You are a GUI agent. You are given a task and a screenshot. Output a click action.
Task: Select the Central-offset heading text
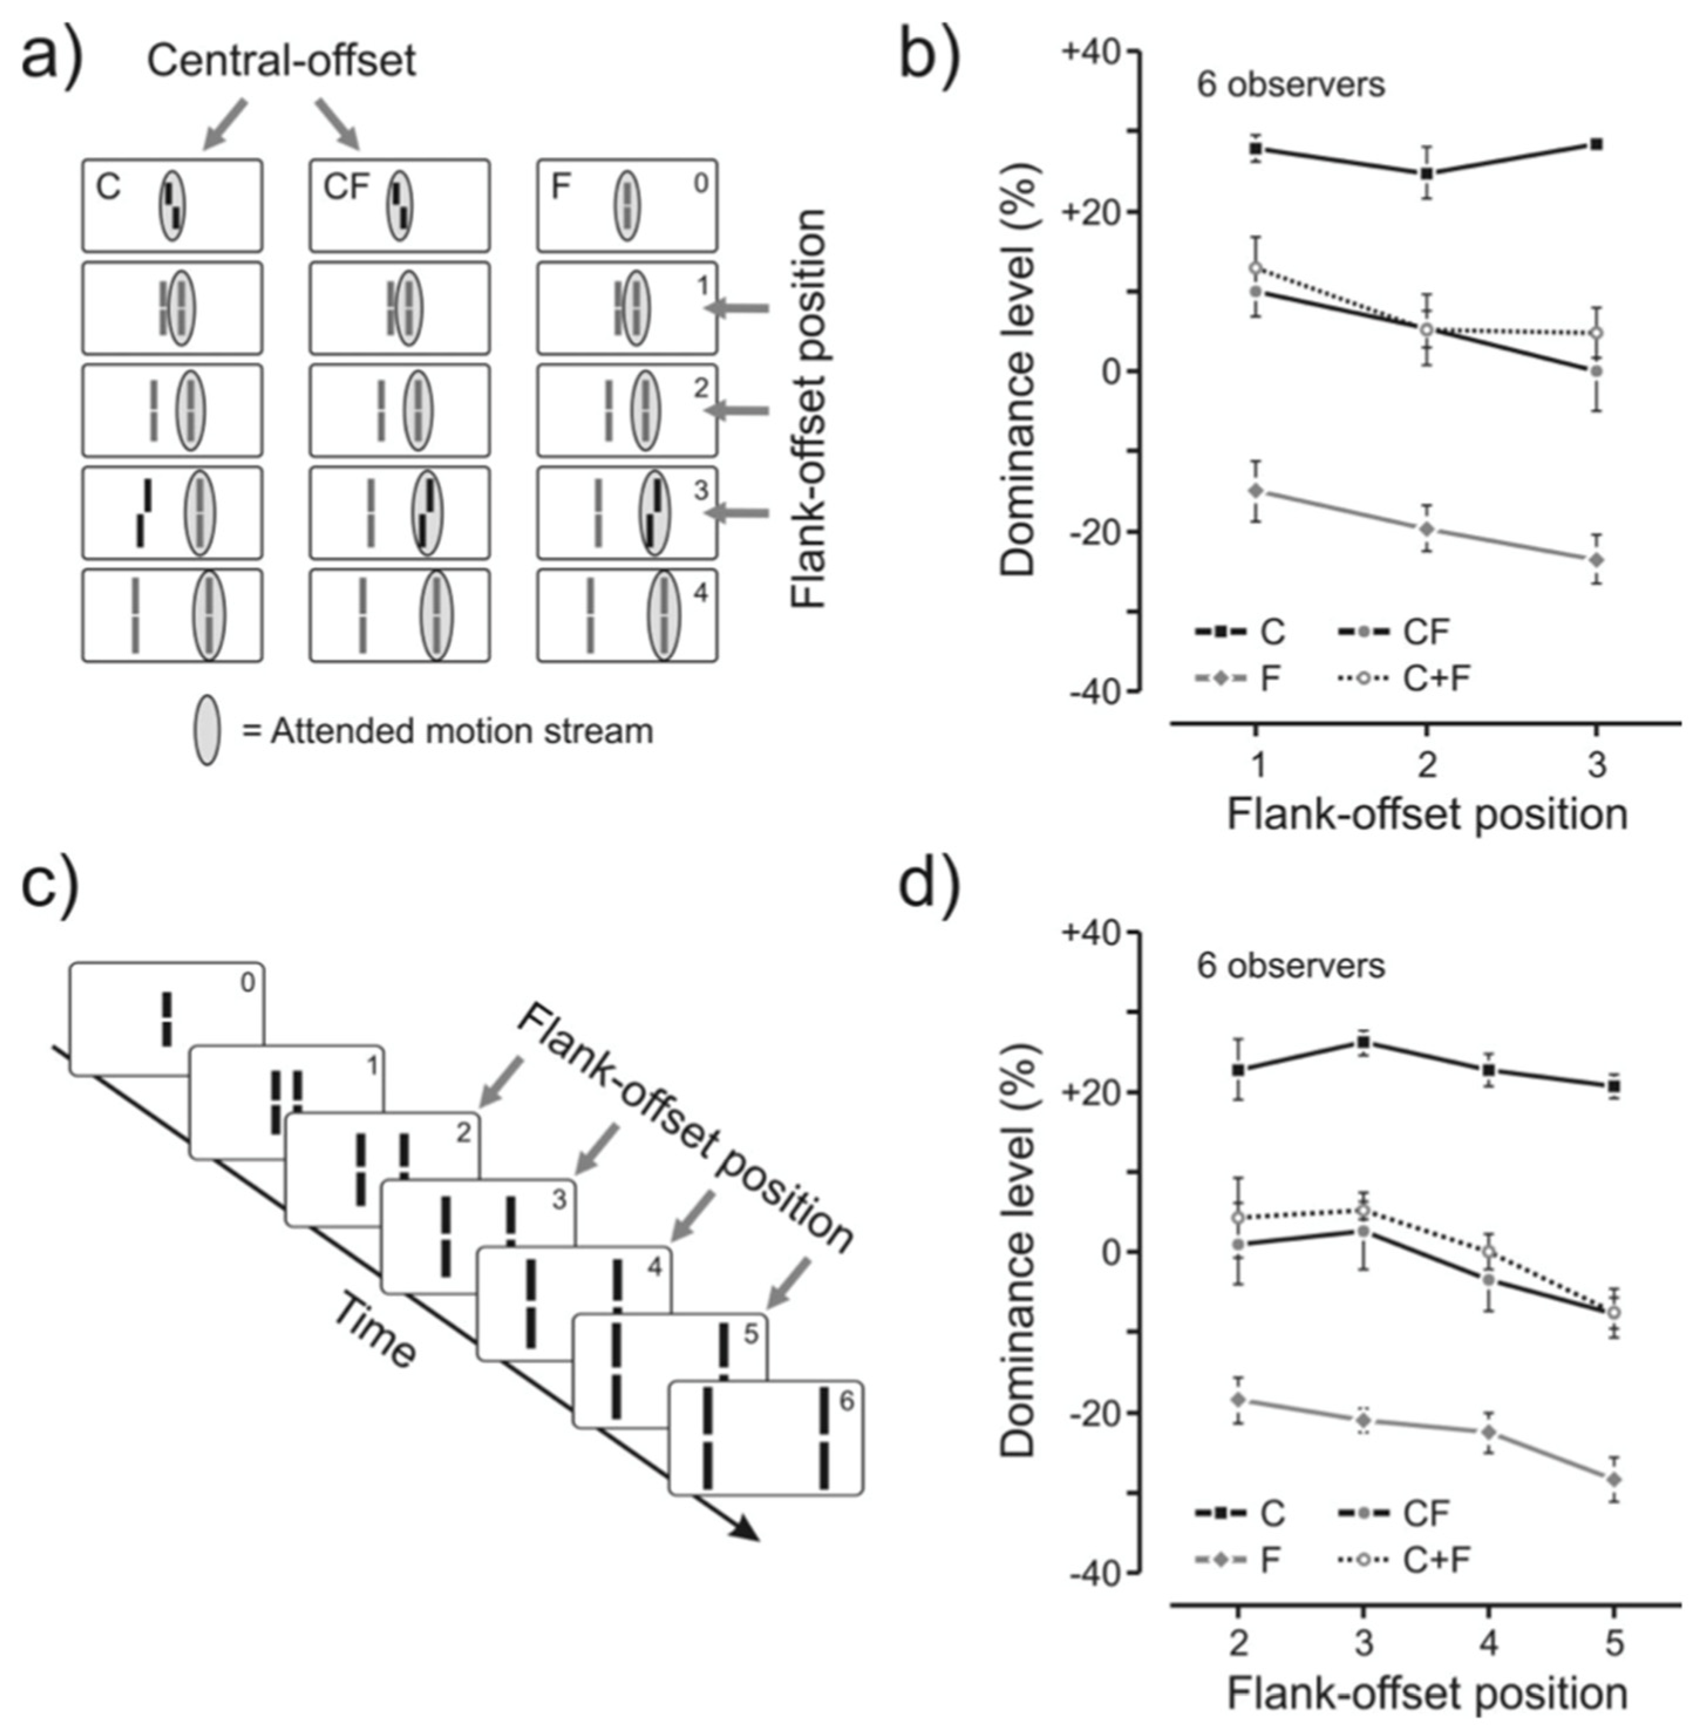pos(281,61)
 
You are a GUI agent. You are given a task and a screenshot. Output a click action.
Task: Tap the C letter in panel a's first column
pos(108,188)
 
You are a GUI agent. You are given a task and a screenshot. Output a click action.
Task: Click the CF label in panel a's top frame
pos(346,188)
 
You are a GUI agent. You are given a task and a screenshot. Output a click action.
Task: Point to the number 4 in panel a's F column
pos(700,593)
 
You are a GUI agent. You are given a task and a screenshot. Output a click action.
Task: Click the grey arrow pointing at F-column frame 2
pos(736,411)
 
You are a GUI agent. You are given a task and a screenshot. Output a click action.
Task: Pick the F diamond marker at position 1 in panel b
pos(1256,491)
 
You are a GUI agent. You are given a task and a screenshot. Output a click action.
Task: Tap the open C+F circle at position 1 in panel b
pos(1256,268)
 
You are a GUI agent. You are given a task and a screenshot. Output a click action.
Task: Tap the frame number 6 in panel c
pos(845,1400)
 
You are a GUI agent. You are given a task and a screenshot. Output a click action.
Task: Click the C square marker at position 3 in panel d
pos(1363,1042)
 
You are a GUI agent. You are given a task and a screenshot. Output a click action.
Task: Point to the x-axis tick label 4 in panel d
pos(1488,1643)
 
